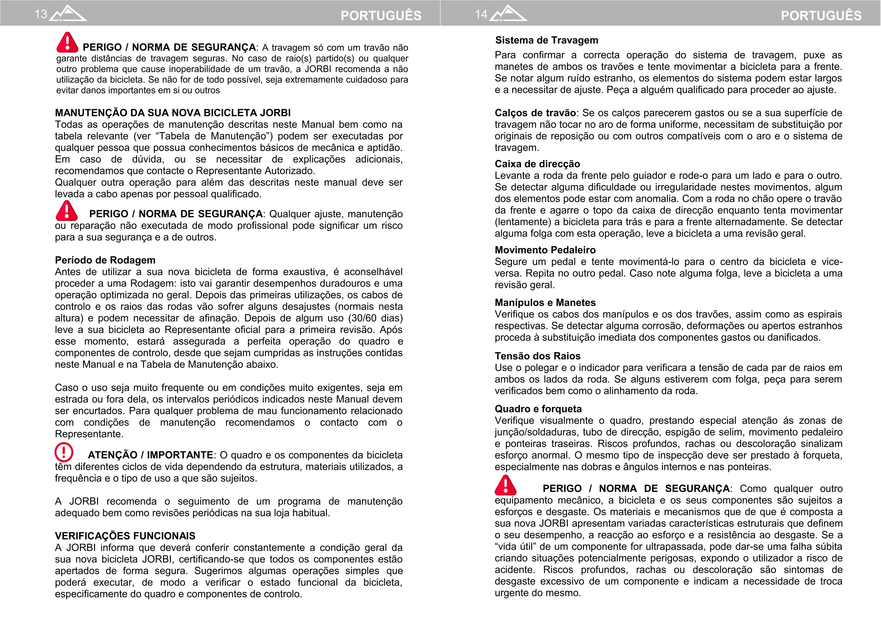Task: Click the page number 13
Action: coord(41,14)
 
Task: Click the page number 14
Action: coord(481,14)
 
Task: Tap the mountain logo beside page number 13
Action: coord(68,14)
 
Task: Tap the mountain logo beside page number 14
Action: coord(508,14)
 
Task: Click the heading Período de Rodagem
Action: coord(105,260)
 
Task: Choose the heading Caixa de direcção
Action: coord(537,164)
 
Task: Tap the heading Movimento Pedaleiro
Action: coord(545,250)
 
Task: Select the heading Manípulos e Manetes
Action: coord(545,303)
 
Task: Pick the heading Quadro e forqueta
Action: coord(538,409)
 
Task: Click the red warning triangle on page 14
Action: coord(505,486)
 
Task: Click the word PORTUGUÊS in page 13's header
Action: coord(381,15)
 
